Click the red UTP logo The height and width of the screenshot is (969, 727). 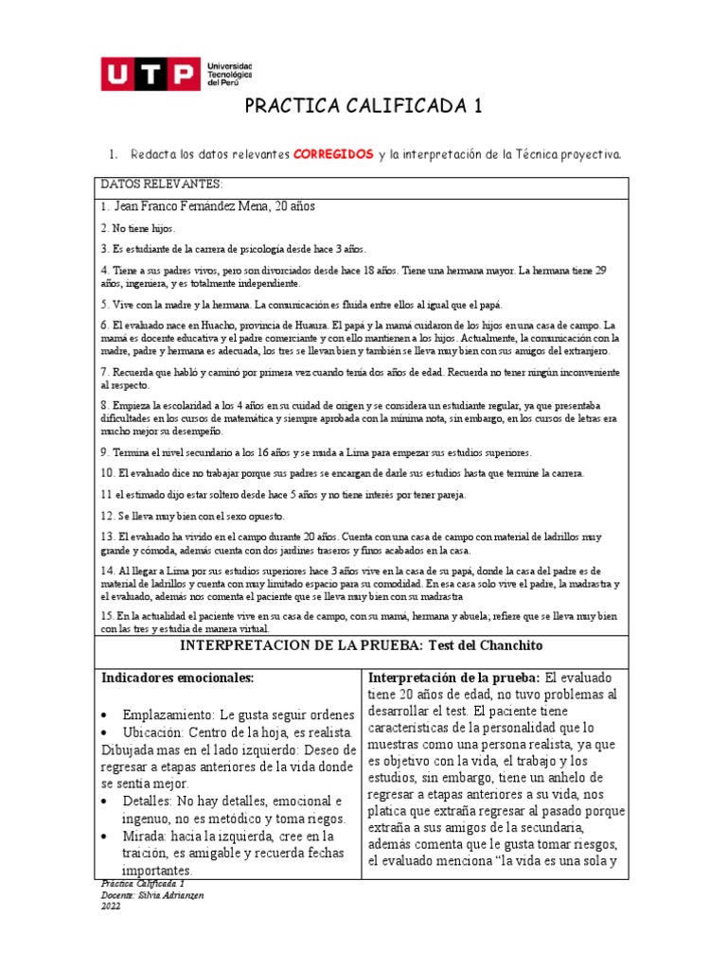(x=150, y=74)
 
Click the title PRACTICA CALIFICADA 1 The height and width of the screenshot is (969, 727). (x=363, y=106)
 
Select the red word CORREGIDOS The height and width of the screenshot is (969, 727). (x=331, y=153)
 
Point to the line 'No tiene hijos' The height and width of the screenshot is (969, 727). (x=138, y=228)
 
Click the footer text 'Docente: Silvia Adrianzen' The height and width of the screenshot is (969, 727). (x=151, y=894)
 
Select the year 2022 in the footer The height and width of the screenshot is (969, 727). (x=110, y=906)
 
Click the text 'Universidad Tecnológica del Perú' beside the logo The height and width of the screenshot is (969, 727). (x=229, y=74)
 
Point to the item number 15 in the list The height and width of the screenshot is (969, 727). (x=108, y=615)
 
